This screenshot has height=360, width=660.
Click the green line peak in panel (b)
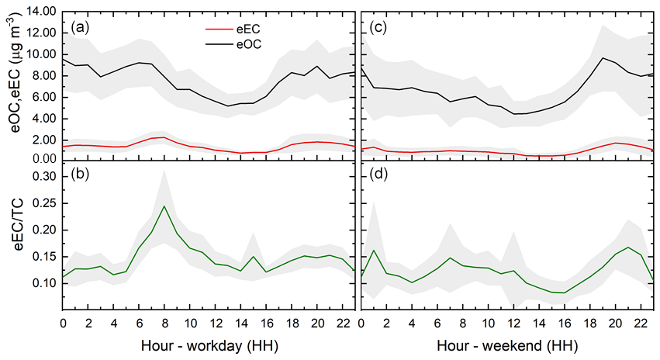(164, 206)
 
